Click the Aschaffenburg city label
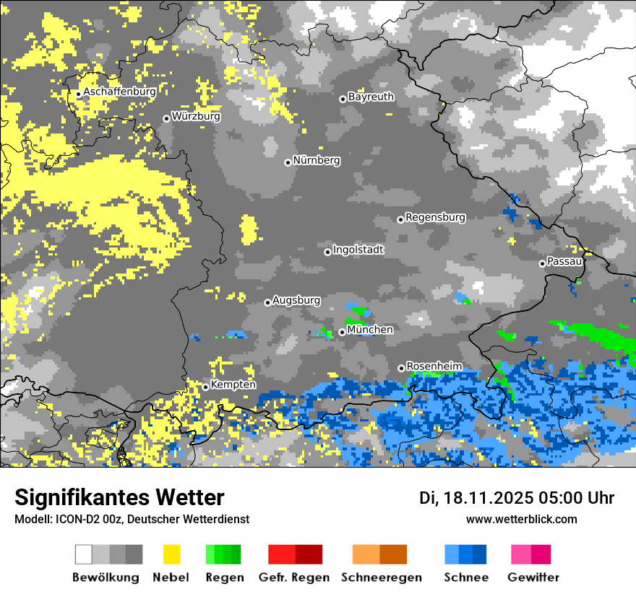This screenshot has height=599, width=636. coord(119,92)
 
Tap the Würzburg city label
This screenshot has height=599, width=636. coord(196,117)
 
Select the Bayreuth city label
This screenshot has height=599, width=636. coord(371,97)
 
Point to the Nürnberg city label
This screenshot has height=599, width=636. coord(316,161)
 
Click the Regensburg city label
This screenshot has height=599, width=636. coord(435,217)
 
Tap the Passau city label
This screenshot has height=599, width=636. coord(564,262)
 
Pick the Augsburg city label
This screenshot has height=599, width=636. coord(296,300)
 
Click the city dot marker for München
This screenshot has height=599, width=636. coord(342,332)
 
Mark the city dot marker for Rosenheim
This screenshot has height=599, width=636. coord(401,368)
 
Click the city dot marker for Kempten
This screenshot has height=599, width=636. coord(205,387)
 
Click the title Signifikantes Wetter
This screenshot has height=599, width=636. coord(119,498)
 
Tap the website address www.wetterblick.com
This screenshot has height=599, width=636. coord(521,520)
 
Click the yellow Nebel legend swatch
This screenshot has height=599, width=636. coord(172,554)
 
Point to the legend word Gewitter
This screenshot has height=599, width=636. coord(533,577)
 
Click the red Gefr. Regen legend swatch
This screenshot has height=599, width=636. coord(281,554)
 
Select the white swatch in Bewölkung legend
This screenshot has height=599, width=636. coord(84,554)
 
